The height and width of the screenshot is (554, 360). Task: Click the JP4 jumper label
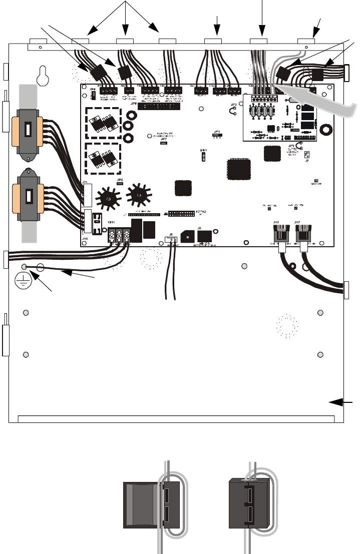tap(92, 90)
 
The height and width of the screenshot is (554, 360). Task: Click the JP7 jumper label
tap(164, 139)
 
